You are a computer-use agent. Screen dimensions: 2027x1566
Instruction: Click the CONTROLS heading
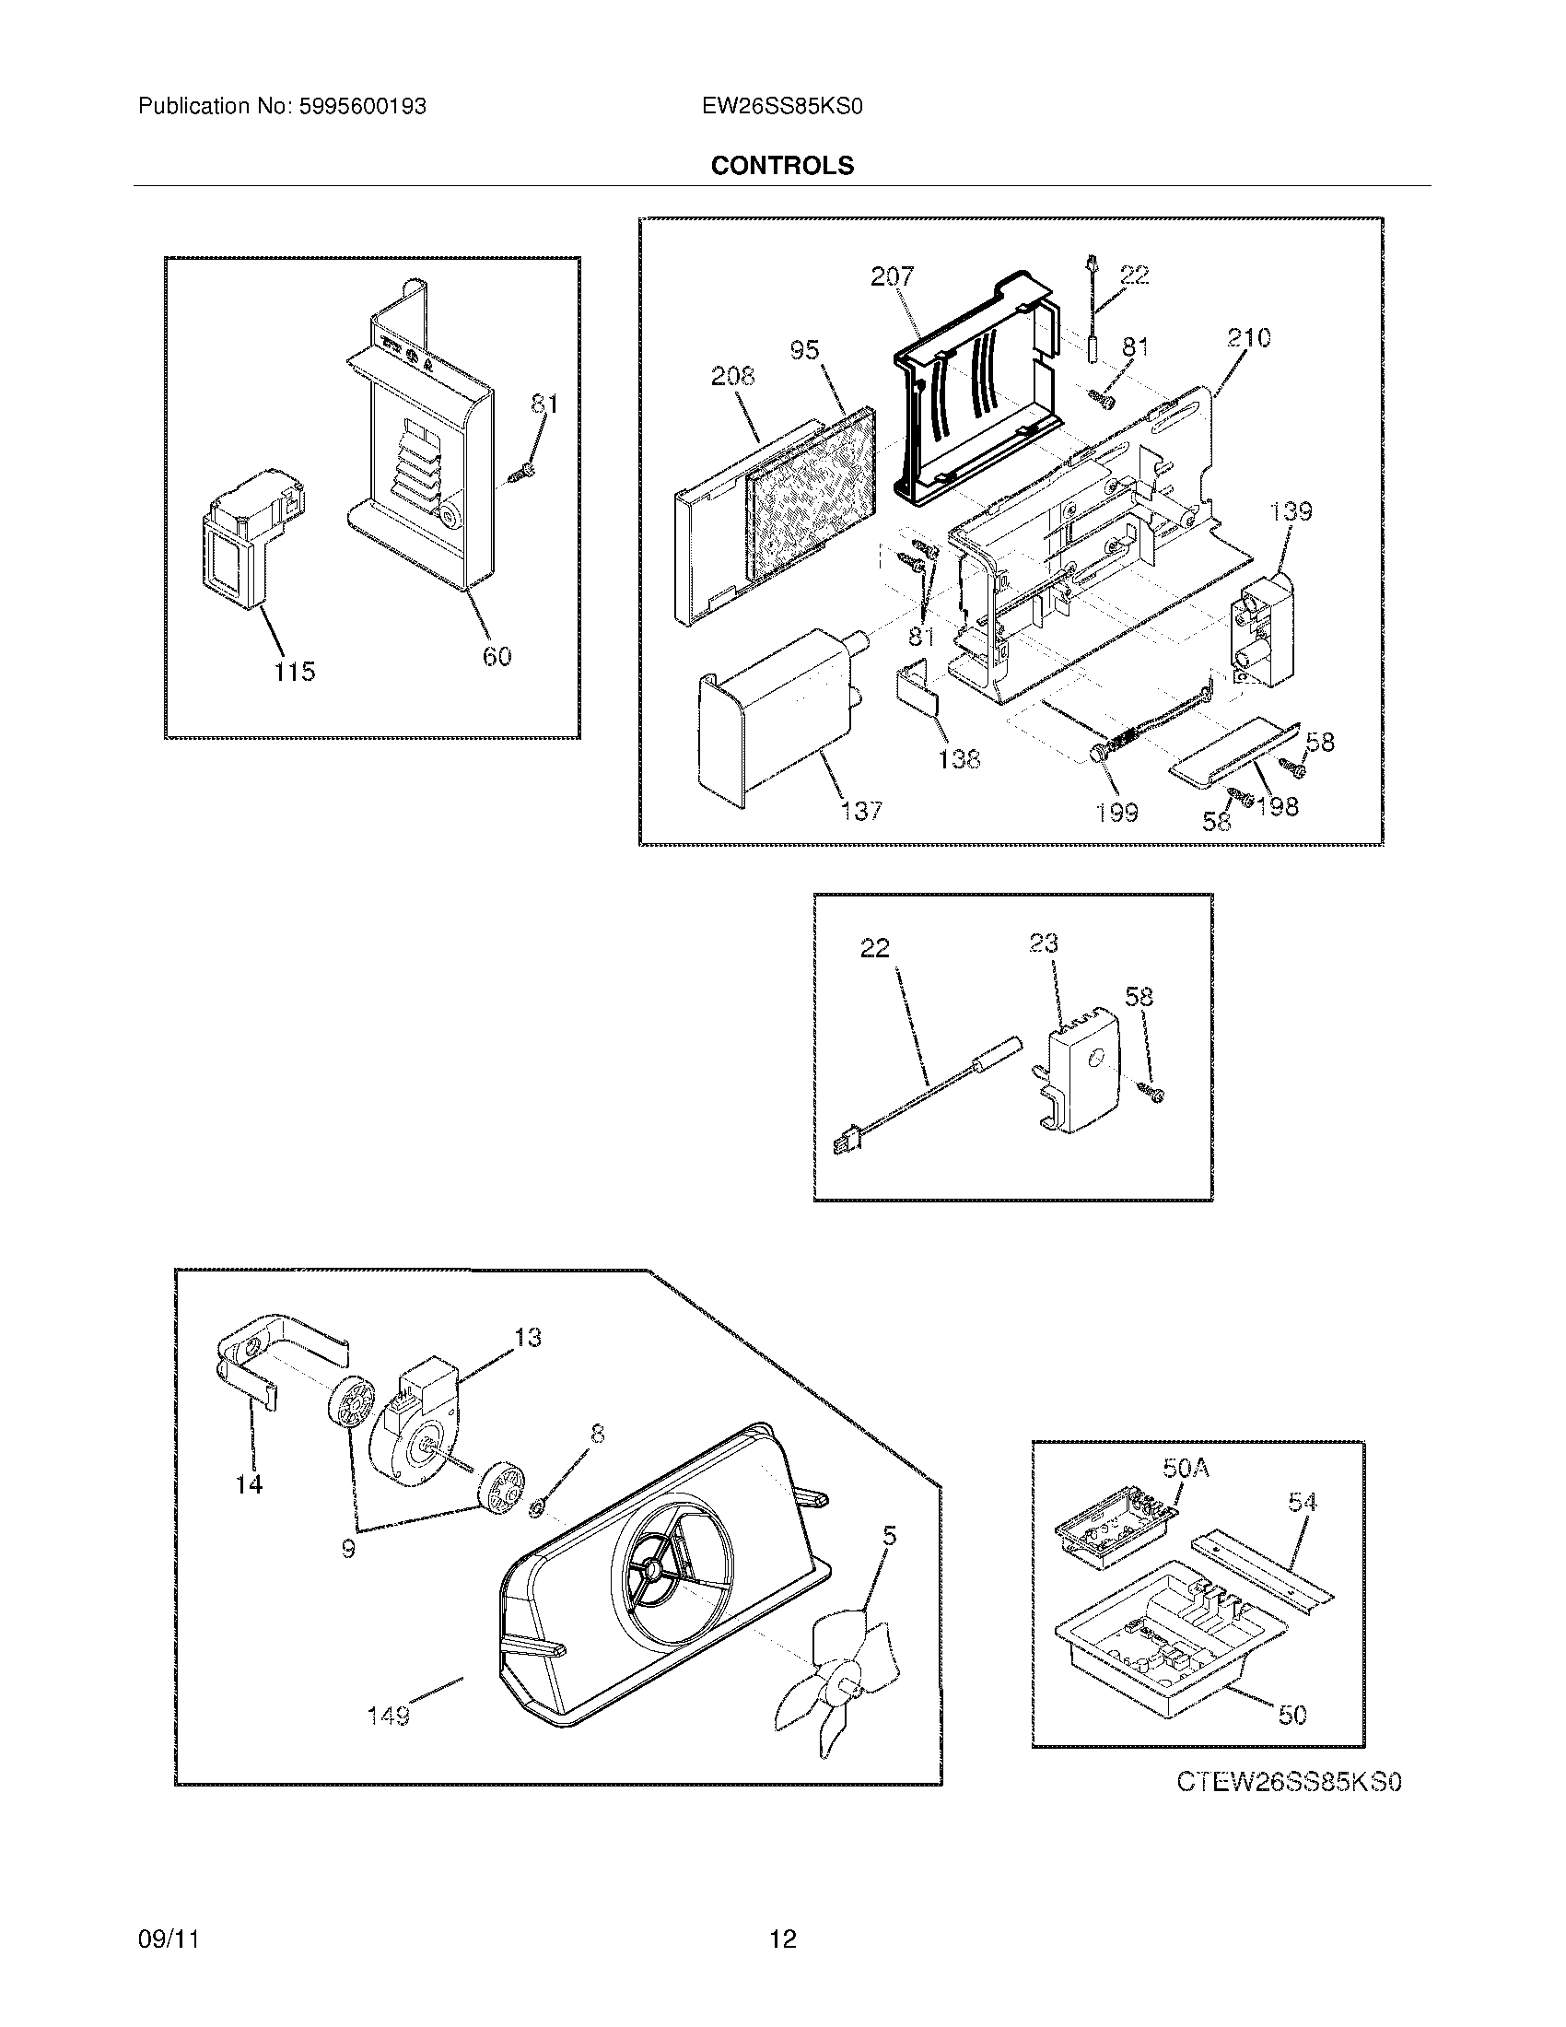[x=782, y=165]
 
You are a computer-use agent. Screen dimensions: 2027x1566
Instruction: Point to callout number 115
[x=294, y=671]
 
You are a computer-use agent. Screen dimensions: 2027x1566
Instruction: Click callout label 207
[x=892, y=275]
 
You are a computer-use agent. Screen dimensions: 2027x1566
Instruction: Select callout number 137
[x=861, y=810]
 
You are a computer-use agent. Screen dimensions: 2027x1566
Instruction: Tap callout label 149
[x=388, y=1717]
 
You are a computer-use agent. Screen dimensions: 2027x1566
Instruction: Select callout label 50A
[x=1186, y=1468]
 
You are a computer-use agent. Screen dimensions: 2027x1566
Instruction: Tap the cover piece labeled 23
[x=1081, y=1076]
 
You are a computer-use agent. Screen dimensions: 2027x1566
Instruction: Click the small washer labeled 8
[x=535, y=1515]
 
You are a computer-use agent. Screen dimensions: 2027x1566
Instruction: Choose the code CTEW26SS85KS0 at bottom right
[x=1289, y=1782]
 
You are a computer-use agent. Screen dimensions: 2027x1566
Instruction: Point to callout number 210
[x=1248, y=337]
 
